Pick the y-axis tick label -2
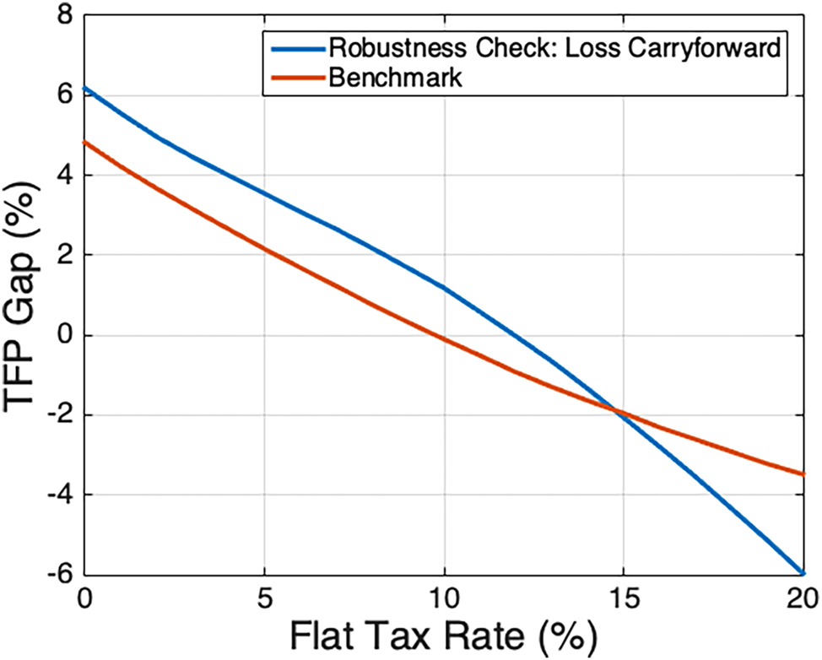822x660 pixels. [56, 415]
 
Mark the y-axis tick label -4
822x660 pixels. [56, 495]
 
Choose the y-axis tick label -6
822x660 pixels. [56, 574]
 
